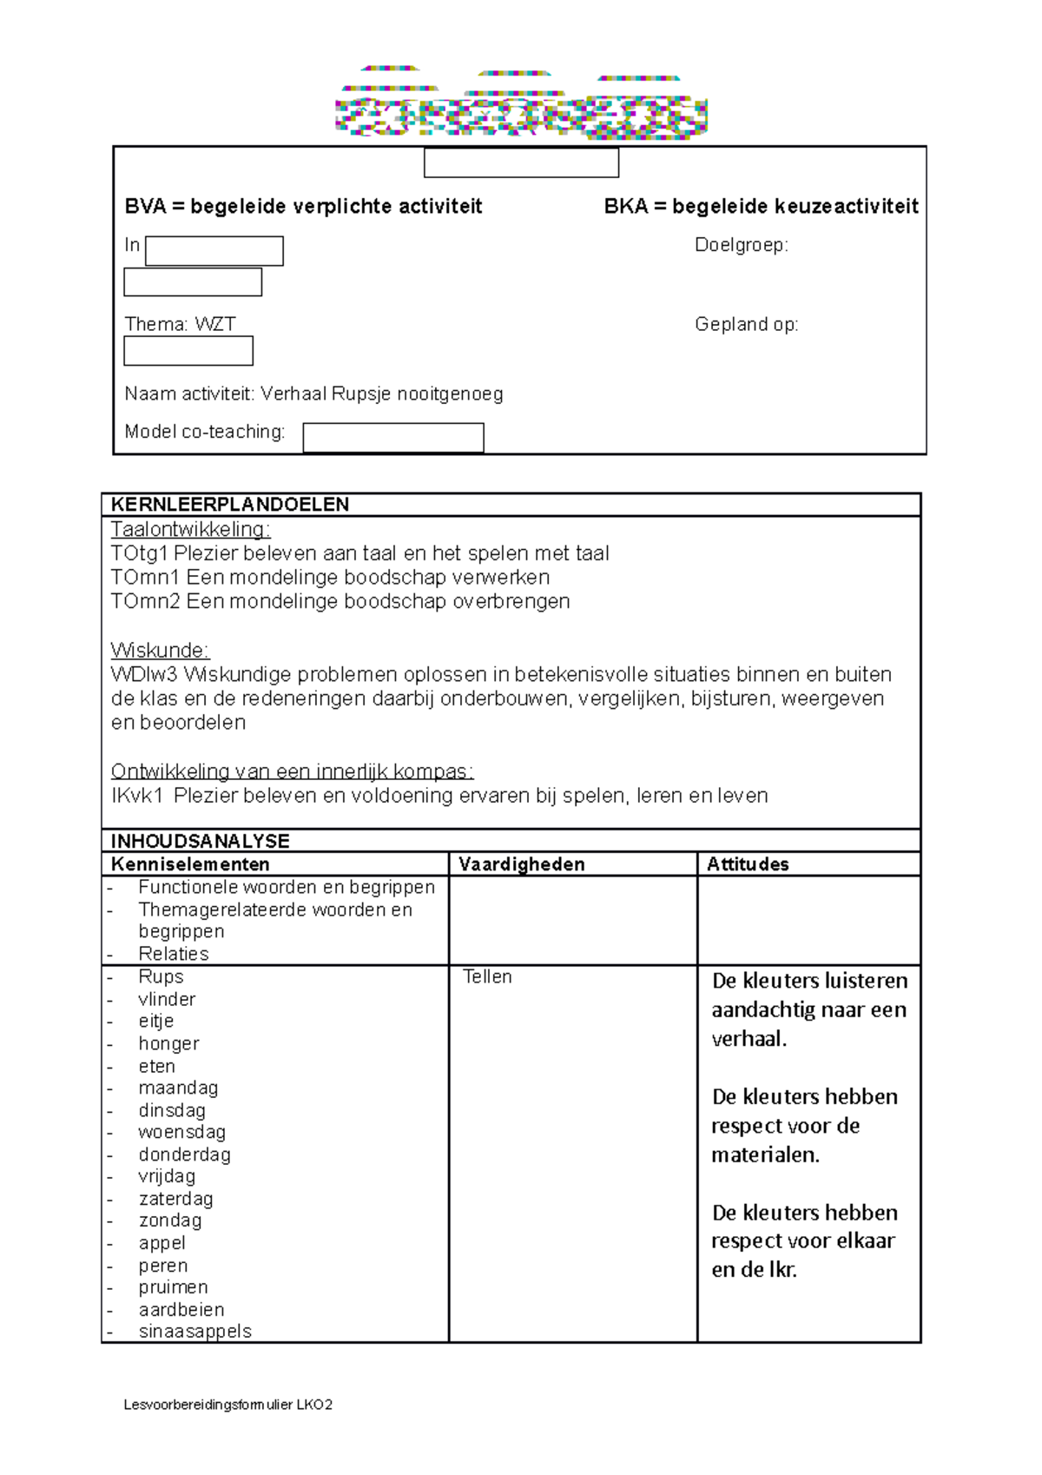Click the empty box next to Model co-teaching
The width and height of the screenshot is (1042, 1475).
click(392, 438)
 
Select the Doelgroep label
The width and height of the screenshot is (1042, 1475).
click(741, 246)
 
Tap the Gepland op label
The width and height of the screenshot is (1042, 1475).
click(746, 325)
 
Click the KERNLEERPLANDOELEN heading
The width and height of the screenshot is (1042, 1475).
click(230, 505)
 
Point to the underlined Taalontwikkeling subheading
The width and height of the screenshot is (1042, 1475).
click(190, 529)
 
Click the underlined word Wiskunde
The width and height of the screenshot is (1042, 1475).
click(160, 651)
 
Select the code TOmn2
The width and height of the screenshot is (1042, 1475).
click(145, 601)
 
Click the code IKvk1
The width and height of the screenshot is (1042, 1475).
click(137, 796)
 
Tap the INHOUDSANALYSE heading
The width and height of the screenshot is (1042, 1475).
click(200, 841)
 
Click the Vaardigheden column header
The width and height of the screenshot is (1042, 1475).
click(521, 864)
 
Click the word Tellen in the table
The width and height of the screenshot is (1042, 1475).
click(487, 977)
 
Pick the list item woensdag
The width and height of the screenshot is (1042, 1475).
click(181, 1132)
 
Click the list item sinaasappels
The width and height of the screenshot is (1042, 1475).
click(195, 1332)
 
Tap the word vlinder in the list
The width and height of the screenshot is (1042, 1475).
click(167, 999)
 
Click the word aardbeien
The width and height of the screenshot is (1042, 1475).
click(181, 1310)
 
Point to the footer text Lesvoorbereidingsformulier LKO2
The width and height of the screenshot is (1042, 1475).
click(228, 1405)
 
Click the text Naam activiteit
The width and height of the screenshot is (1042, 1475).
click(188, 394)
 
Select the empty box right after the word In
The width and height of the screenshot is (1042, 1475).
click(214, 251)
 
